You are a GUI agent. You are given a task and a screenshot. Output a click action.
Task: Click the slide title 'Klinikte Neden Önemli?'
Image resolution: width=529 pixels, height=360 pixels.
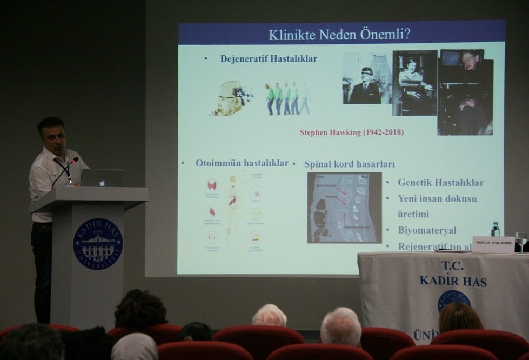tap(339, 35)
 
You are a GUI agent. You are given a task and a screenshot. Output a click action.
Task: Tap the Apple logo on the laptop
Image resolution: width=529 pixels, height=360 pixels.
tap(102, 183)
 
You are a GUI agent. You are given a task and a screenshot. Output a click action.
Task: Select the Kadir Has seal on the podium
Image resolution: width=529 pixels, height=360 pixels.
tap(98, 244)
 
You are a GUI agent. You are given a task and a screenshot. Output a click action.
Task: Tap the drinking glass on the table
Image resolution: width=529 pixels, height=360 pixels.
tap(520, 242)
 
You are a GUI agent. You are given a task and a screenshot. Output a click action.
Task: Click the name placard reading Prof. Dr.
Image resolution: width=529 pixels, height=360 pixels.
tap(493, 244)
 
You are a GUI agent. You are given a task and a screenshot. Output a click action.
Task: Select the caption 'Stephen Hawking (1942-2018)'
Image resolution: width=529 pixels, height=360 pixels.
tap(351, 132)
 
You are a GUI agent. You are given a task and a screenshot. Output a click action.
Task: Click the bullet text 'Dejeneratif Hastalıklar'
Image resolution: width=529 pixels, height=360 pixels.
tap(269, 59)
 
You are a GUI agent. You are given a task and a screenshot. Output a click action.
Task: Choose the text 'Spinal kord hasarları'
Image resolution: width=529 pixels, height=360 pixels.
tap(350, 163)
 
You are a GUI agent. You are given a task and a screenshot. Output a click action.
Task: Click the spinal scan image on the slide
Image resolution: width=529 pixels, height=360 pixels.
tap(344, 208)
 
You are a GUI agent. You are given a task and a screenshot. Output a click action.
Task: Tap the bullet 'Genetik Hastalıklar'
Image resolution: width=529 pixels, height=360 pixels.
tap(440, 182)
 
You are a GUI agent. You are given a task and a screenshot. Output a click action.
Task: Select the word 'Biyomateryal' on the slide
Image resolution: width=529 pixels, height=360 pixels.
tap(427, 230)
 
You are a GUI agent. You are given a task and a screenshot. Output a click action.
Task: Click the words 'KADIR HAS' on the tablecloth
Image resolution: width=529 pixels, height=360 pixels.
tap(453, 281)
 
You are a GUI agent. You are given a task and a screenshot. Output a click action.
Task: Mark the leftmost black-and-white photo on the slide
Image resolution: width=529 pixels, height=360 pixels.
tap(366, 78)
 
